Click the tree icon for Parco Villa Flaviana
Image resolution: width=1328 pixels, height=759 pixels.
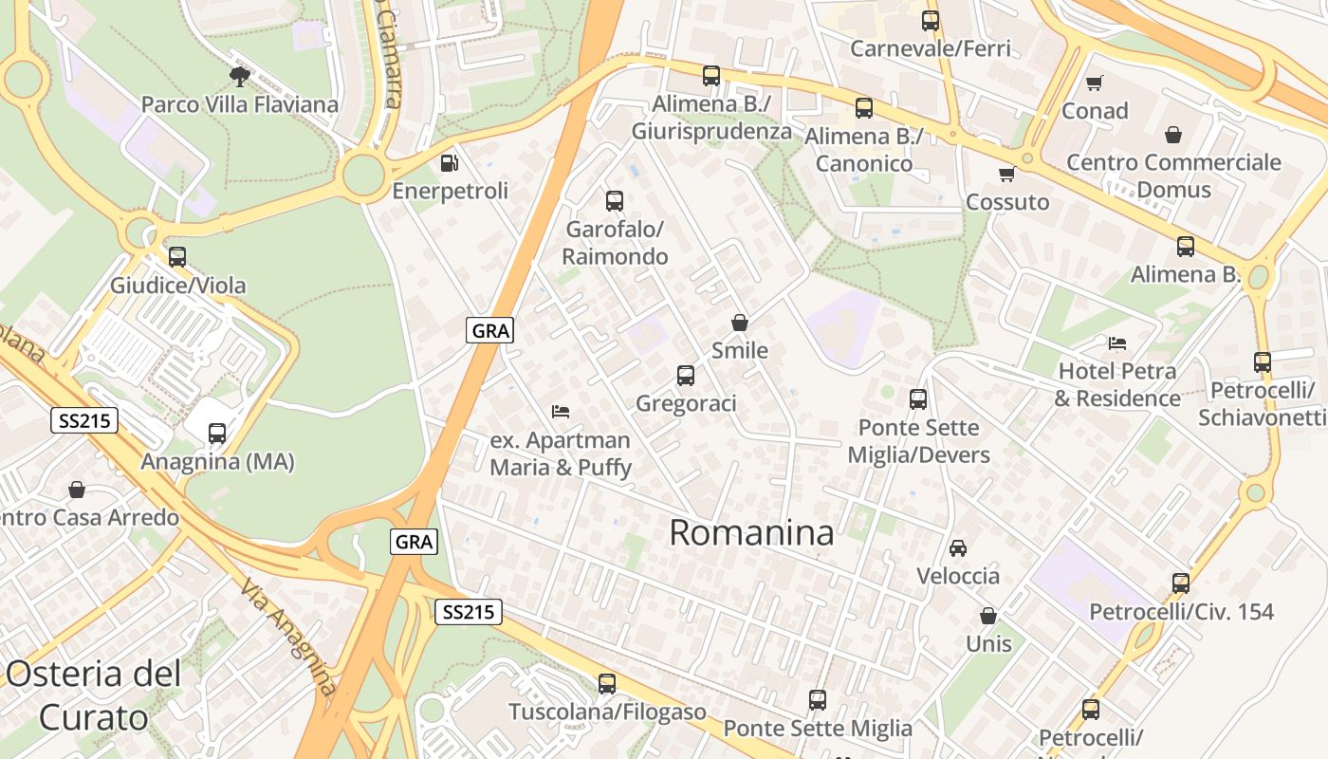[x=240, y=75]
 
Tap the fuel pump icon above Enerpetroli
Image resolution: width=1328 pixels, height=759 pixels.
[x=450, y=163]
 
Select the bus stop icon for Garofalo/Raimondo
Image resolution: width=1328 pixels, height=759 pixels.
[x=615, y=201]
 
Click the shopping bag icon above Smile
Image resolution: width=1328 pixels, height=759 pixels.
[x=740, y=323]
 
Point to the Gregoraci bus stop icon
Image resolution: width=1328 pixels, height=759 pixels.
[x=686, y=376]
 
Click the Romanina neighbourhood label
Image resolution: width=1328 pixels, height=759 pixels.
[x=751, y=533]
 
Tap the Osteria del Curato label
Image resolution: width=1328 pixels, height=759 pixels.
[x=93, y=695]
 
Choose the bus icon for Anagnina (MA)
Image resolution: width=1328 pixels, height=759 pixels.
[x=217, y=434]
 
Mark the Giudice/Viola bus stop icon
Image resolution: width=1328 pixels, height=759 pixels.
[x=177, y=257]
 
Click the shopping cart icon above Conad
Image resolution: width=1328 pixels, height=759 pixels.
[x=1095, y=83]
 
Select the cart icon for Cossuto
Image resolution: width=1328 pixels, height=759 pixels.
[x=1007, y=175]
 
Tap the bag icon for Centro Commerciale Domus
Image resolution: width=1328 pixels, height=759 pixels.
[x=1173, y=135]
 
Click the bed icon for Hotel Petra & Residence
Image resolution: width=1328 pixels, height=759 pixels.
[x=1117, y=342]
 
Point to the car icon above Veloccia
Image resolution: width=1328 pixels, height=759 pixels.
[x=958, y=548]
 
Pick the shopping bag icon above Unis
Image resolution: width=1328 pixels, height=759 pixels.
[x=988, y=617]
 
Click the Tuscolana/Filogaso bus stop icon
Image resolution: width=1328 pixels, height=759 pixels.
[x=607, y=683]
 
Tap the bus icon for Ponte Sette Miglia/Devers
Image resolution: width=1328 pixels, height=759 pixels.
[x=918, y=399]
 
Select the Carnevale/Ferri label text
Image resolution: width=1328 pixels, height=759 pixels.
[x=931, y=48]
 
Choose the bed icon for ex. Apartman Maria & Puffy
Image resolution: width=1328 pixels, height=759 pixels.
[x=561, y=412]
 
